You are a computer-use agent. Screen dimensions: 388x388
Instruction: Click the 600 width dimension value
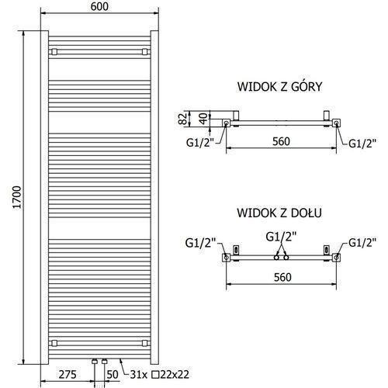click(x=99, y=7)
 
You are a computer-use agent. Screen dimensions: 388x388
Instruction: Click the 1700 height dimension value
click(x=17, y=197)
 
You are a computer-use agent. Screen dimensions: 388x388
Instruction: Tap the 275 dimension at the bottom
click(x=68, y=374)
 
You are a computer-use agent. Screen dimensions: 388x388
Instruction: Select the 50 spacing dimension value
click(x=113, y=374)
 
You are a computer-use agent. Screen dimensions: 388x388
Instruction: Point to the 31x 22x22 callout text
click(x=160, y=374)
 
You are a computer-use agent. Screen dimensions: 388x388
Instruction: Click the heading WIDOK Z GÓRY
click(x=280, y=86)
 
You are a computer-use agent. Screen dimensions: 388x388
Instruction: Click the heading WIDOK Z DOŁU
click(x=279, y=213)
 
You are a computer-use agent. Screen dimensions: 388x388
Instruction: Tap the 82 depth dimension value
click(x=183, y=119)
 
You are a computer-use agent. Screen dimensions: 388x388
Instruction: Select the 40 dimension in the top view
click(x=204, y=119)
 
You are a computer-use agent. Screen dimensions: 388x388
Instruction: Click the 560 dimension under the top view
click(x=282, y=141)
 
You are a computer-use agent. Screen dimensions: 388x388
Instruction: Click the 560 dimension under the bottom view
click(x=282, y=277)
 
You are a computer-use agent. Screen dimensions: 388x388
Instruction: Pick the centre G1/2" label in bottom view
click(x=281, y=237)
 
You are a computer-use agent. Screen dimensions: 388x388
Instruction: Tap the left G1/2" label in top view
click(x=200, y=143)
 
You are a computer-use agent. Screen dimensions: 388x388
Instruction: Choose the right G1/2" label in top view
click(x=362, y=143)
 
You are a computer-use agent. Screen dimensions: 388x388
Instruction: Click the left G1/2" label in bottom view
click(x=200, y=243)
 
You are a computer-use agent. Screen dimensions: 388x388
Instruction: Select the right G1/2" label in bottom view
click(x=362, y=243)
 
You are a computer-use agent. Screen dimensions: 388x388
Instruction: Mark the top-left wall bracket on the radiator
click(x=54, y=52)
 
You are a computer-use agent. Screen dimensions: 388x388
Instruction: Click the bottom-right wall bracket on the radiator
click(x=145, y=343)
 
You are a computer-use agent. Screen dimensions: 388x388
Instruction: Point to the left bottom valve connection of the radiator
click(x=95, y=362)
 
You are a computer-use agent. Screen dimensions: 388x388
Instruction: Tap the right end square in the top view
click(x=336, y=123)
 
